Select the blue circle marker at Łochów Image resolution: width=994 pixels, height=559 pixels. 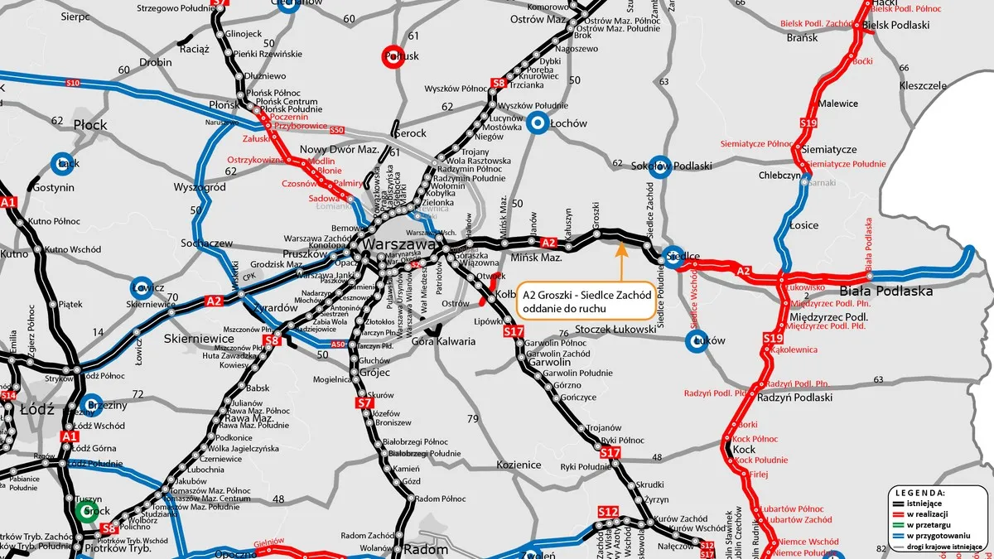click(538, 124)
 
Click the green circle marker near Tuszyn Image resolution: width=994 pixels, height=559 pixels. click(85, 511)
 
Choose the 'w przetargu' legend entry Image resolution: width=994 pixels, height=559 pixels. click(925, 524)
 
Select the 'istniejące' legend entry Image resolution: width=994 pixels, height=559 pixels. click(925, 503)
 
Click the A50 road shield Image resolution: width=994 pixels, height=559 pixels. click(337, 345)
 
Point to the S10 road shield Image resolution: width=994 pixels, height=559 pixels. click(72, 83)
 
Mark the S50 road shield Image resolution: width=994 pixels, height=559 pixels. click(336, 130)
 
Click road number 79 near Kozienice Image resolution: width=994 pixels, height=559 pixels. click(473, 419)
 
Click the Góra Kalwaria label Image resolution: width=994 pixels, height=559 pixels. click(444, 341)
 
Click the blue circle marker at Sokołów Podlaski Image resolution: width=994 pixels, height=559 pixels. click(659, 166)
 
